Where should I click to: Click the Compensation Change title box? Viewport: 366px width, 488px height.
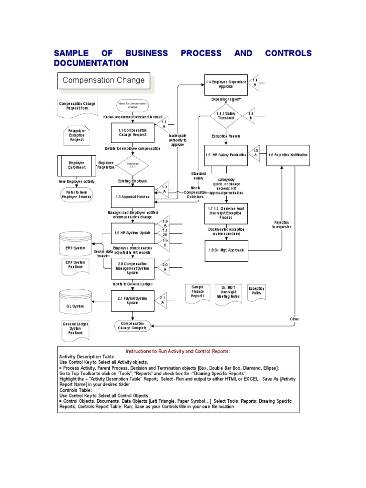(103, 81)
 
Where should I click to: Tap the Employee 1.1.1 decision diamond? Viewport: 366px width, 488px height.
(132, 165)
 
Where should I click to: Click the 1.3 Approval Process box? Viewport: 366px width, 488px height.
(132, 197)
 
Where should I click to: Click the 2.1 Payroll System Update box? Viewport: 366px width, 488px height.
(132, 301)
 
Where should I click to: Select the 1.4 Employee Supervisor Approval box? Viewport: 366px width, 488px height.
(226, 84)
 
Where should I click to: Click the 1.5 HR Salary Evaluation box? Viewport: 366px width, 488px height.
(226, 155)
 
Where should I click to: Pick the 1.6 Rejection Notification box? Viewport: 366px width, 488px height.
(288, 155)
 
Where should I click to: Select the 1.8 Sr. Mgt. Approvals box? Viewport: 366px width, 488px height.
(226, 250)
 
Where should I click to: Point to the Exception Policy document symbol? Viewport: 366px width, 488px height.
(256, 291)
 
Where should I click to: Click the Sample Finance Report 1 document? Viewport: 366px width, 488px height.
(197, 292)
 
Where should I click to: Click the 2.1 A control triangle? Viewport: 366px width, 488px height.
(163, 300)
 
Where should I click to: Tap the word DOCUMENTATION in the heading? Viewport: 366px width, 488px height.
(91, 63)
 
